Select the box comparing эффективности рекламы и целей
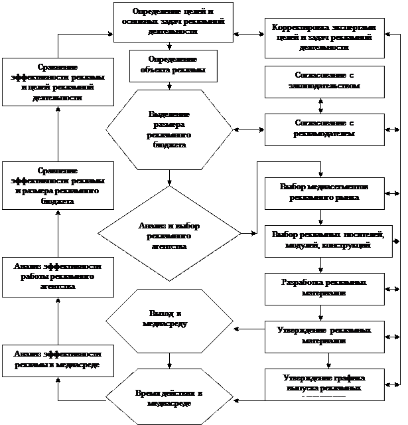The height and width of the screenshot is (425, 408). pyautogui.click(x=57, y=82)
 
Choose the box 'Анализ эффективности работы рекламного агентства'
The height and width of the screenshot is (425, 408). pyautogui.click(x=57, y=276)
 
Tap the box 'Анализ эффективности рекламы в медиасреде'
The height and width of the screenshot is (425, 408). pyautogui.click(x=57, y=361)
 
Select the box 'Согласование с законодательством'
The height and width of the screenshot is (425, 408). pyautogui.click(x=325, y=80)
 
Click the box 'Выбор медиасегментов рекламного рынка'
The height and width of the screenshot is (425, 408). pyautogui.click(x=325, y=192)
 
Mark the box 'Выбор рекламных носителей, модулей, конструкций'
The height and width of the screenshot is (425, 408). pyautogui.click(x=325, y=240)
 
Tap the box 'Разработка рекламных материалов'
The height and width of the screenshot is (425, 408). pyautogui.click(x=325, y=288)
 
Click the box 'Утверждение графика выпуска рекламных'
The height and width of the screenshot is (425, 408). pyautogui.click(x=325, y=383)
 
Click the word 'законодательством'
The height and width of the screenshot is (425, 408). pyautogui.click(x=325, y=86)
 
